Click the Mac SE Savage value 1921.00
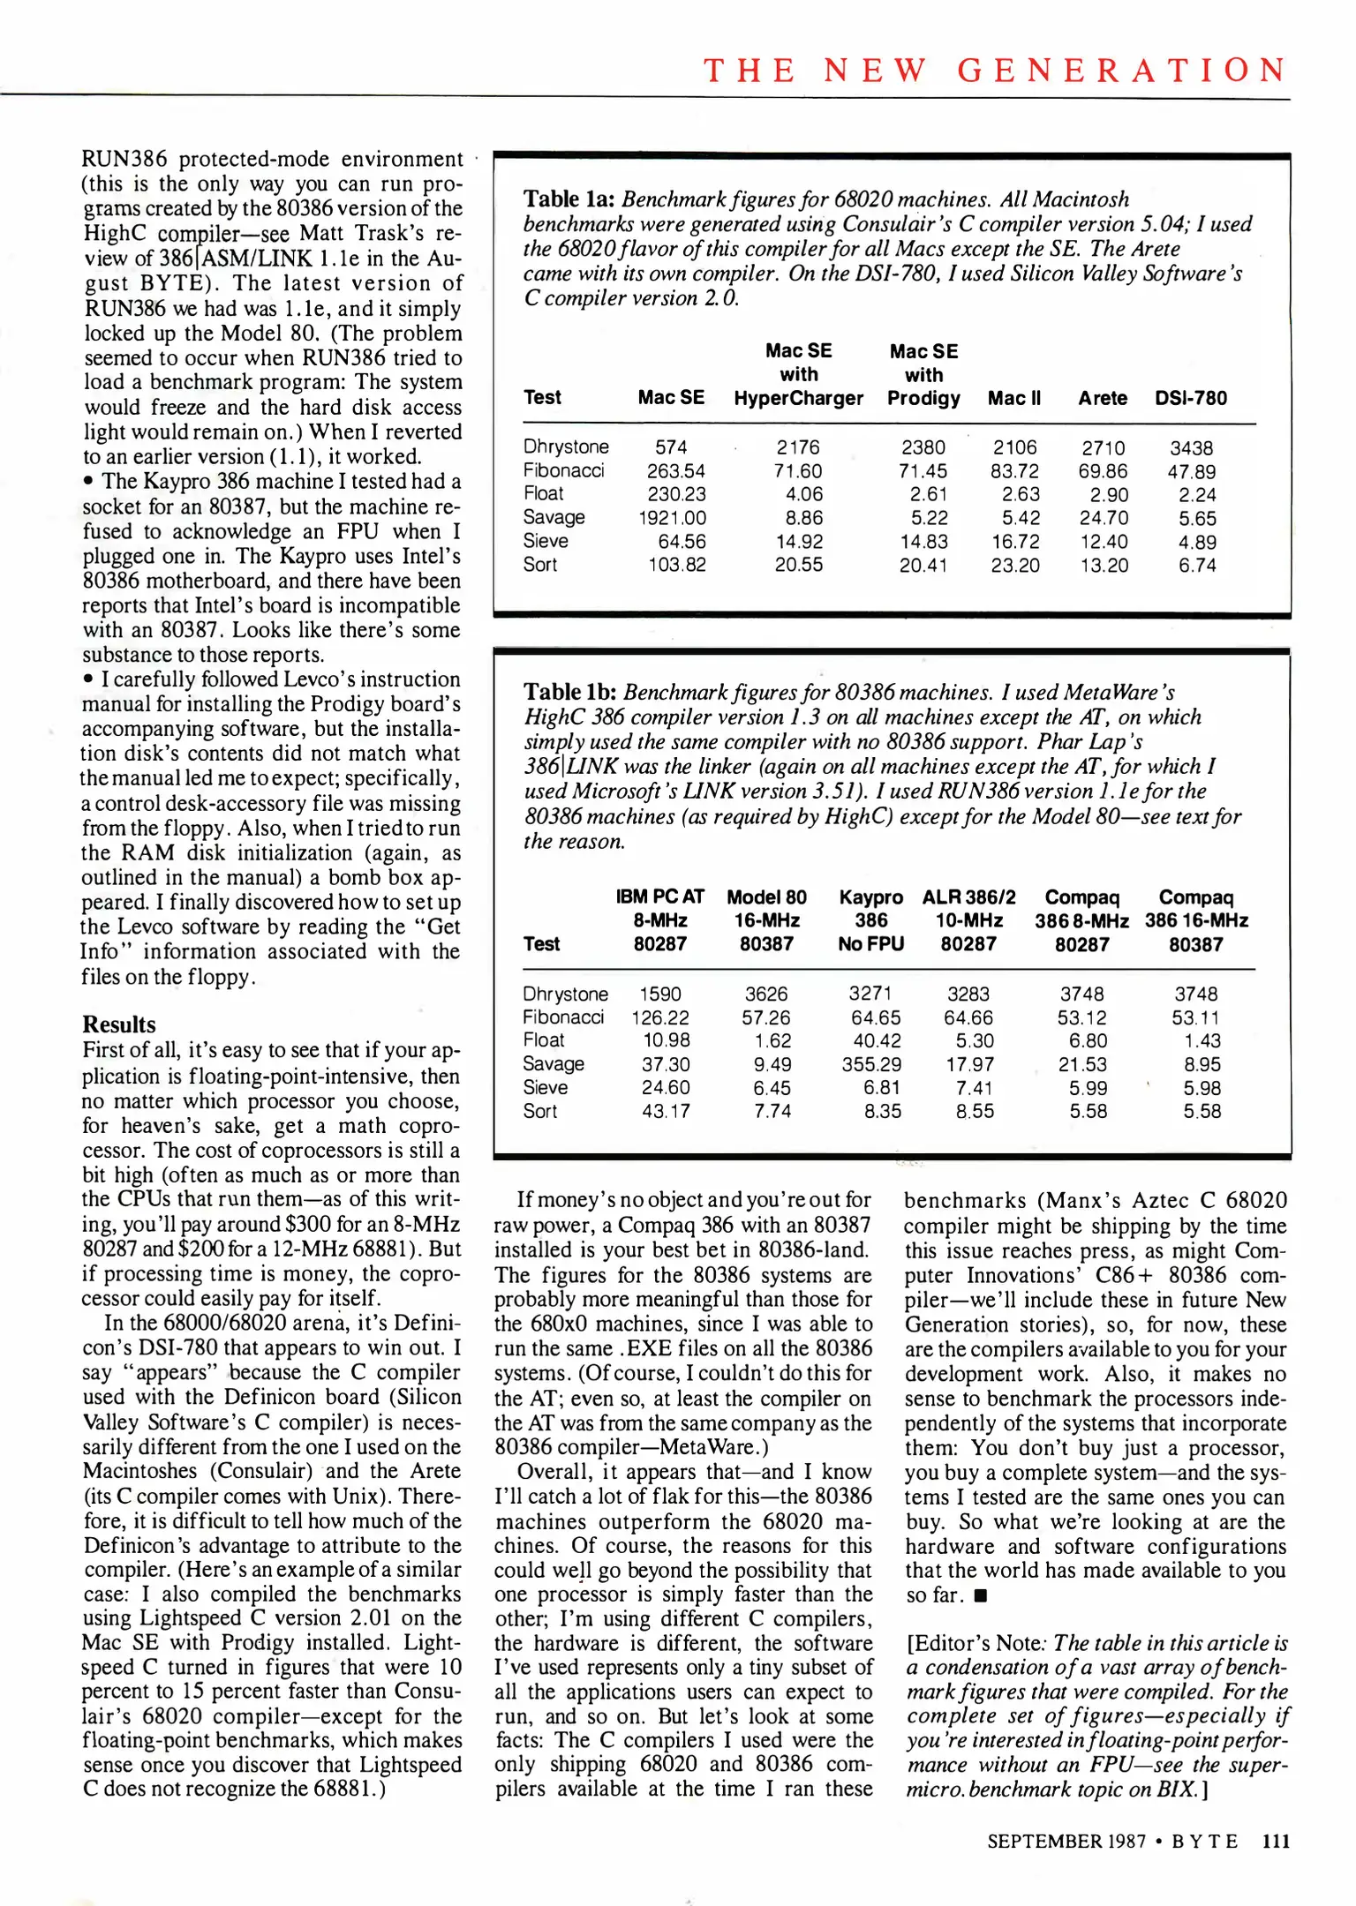[x=672, y=518]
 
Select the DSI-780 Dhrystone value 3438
[x=1191, y=448]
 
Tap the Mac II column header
[x=1014, y=398]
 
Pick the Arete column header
[x=1103, y=398]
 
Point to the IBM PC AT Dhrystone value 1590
[x=660, y=994]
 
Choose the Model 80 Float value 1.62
[x=772, y=1041]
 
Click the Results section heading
[x=119, y=1024]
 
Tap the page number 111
[x=1276, y=1841]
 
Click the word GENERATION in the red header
[x=1122, y=71]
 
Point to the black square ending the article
[x=982, y=1595]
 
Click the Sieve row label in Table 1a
[x=545, y=541]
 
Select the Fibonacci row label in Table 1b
[x=563, y=1017]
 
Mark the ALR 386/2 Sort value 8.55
[x=975, y=1112]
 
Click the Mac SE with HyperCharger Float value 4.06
[x=803, y=495]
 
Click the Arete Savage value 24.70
[x=1104, y=518]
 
